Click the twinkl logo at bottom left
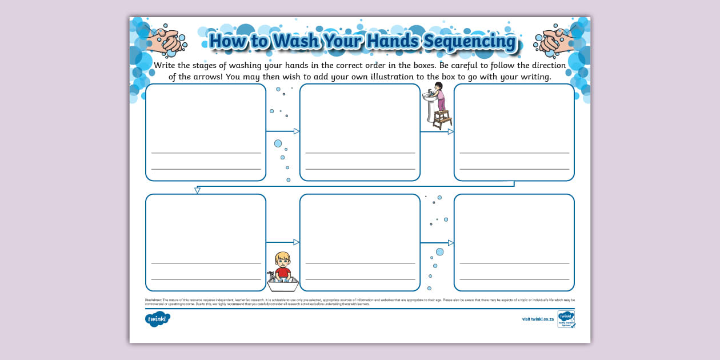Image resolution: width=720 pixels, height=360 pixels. coord(157,319)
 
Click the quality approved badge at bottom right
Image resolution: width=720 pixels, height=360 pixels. coord(566,319)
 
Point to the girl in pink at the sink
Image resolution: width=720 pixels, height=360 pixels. coord(438,96)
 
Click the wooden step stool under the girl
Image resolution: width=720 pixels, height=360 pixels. coord(442,119)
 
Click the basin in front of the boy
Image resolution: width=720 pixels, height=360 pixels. coord(283,279)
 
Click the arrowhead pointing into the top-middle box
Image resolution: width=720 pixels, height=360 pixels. coord(297,131)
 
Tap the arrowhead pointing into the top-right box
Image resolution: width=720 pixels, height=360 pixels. coord(451,131)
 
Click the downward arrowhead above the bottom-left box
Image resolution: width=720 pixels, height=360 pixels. coord(197,190)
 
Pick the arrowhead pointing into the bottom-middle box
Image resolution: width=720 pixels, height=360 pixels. coord(297,242)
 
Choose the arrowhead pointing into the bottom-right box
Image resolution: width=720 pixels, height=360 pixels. coord(451,243)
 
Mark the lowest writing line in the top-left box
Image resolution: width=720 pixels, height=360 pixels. coord(206,169)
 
